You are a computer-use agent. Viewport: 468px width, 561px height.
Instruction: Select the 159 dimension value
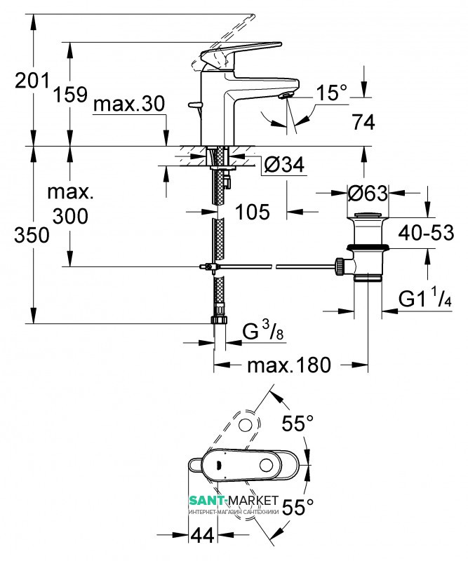click(71, 95)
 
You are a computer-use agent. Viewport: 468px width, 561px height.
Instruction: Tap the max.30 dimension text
click(129, 104)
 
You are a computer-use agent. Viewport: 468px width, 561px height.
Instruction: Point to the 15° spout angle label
click(332, 93)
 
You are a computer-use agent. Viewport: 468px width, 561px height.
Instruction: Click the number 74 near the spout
click(363, 122)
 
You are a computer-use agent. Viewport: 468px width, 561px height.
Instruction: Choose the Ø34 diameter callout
click(284, 165)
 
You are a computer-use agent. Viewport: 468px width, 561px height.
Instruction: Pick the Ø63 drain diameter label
click(368, 194)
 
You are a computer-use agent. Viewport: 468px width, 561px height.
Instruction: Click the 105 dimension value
click(253, 212)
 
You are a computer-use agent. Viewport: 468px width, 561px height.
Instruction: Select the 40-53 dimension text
click(427, 233)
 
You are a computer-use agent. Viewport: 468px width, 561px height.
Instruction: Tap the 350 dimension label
click(32, 236)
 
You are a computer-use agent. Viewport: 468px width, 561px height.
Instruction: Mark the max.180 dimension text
click(289, 365)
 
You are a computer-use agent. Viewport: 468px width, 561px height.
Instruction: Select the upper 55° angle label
click(297, 424)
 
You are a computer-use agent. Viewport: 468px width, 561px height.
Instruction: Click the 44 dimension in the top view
click(203, 535)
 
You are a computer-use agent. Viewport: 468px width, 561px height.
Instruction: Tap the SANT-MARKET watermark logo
click(234, 503)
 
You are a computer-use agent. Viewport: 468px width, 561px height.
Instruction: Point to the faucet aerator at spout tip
click(287, 95)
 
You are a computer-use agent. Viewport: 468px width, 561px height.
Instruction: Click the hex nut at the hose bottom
click(220, 319)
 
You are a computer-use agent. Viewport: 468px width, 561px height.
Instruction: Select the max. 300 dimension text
click(71, 204)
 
